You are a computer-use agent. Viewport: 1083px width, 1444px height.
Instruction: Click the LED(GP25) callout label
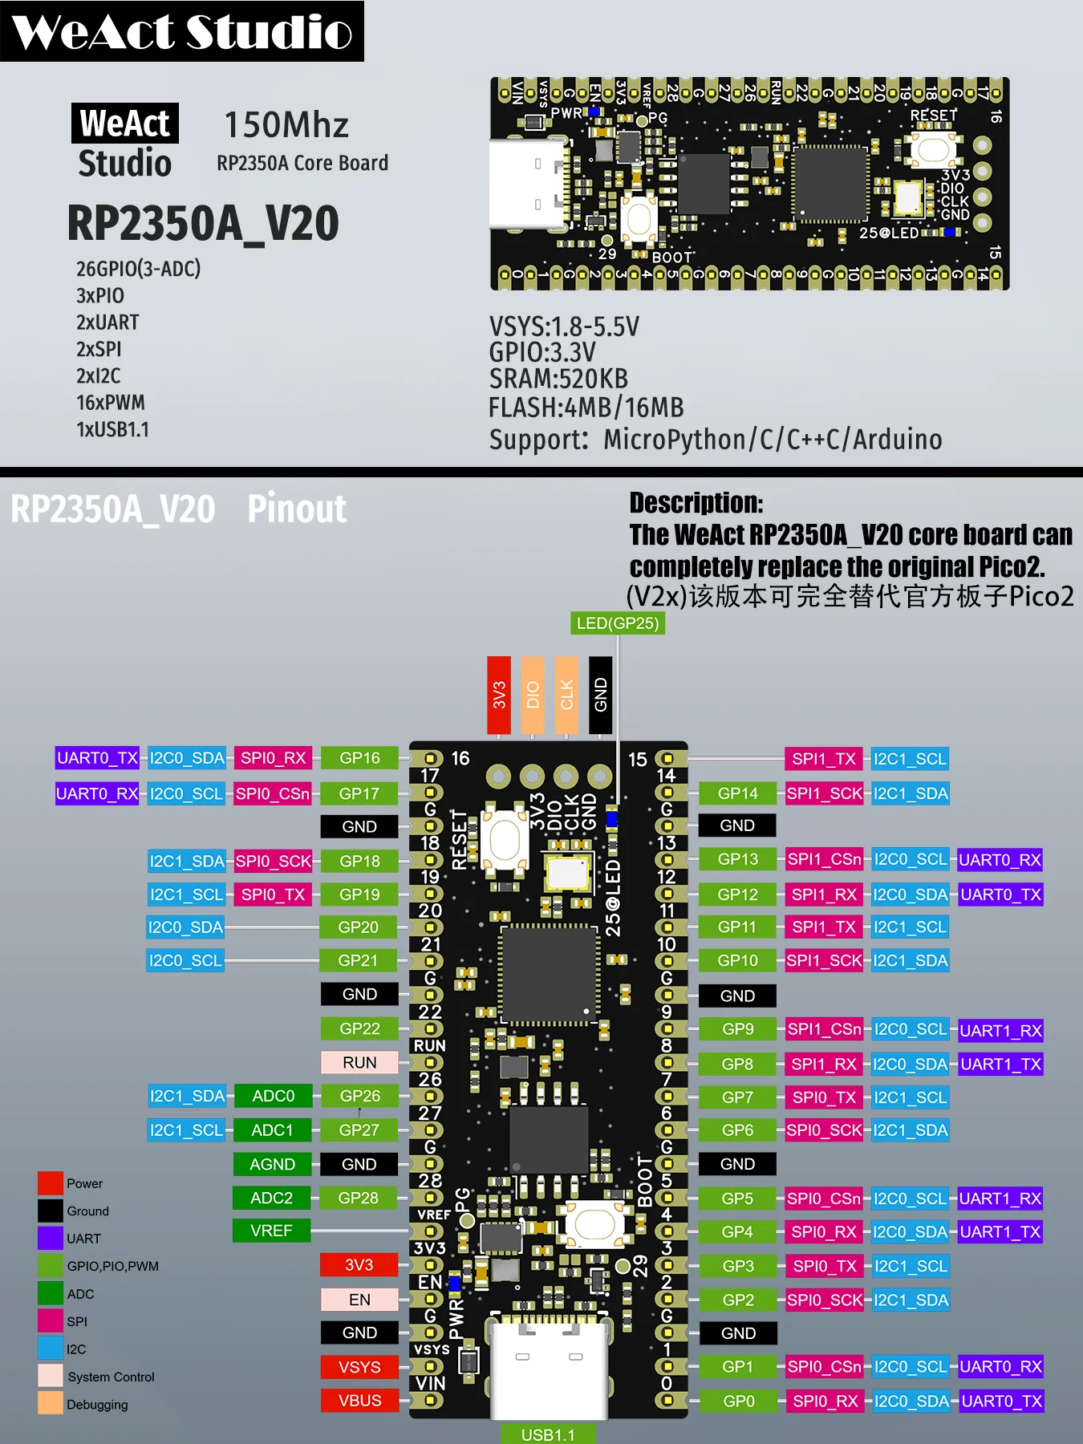(x=617, y=623)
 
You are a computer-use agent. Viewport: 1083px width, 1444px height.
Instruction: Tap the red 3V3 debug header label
(x=499, y=695)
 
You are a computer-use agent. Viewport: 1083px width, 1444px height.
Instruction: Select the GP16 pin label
(x=359, y=758)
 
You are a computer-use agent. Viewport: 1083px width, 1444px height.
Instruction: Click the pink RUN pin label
(x=359, y=1062)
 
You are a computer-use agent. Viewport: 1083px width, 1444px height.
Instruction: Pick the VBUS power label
(x=359, y=1400)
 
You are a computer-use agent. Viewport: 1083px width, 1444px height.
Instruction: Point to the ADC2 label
(x=271, y=1198)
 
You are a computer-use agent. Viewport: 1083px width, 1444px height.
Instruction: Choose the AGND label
(x=272, y=1164)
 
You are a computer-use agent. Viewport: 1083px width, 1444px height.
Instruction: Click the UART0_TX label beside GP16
(x=97, y=758)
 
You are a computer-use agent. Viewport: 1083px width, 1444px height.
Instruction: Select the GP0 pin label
(x=738, y=1401)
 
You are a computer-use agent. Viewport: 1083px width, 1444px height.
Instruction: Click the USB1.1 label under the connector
(x=548, y=1434)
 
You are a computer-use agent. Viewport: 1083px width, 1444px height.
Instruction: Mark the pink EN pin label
(x=359, y=1300)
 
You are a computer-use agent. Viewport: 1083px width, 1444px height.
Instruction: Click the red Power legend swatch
(x=51, y=1183)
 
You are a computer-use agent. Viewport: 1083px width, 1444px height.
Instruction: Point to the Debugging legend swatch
(x=51, y=1403)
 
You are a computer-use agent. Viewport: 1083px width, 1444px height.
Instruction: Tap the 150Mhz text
(x=286, y=125)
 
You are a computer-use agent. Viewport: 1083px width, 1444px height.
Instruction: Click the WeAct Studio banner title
(x=182, y=31)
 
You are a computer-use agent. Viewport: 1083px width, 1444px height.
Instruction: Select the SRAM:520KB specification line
(x=558, y=379)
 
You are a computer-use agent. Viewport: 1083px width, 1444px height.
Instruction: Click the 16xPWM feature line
(x=111, y=403)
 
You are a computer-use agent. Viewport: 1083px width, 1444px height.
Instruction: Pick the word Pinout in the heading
(x=297, y=509)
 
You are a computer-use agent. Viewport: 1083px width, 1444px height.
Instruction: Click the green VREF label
(x=271, y=1231)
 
